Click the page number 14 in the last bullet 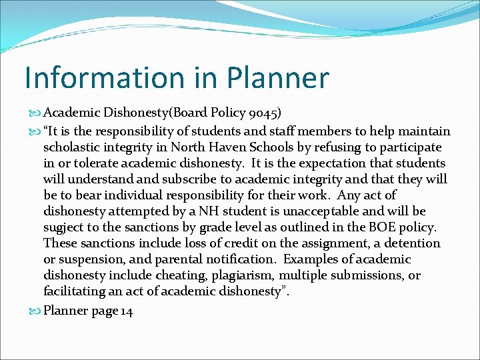[x=127, y=311]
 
